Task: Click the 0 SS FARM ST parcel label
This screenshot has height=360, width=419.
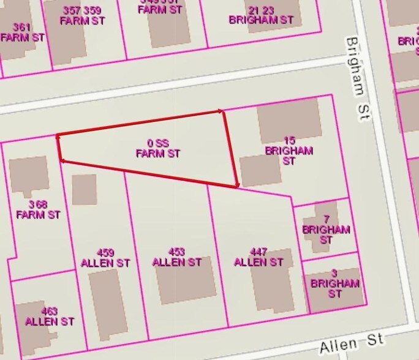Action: coord(157,148)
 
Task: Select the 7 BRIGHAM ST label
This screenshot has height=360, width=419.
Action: coord(326,230)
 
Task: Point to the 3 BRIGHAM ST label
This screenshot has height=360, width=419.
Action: coord(334,283)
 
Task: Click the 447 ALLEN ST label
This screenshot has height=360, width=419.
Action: coord(259,257)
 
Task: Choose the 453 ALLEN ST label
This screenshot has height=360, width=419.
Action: coord(176,257)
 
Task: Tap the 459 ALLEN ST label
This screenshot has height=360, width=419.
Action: coord(105,257)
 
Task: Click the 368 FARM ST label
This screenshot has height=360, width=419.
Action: coord(38,209)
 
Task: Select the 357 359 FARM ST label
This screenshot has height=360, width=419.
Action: coord(83,15)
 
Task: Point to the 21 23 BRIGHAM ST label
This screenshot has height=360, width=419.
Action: coord(261,15)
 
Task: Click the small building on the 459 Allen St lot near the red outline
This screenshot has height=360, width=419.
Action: coord(84,190)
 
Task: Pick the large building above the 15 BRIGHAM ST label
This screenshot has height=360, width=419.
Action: coord(288,120)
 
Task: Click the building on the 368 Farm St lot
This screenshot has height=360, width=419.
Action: coord(28,174)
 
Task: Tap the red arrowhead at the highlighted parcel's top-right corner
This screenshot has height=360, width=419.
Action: coord(222,111)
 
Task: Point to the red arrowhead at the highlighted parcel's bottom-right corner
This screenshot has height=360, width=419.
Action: coord(236,185)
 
